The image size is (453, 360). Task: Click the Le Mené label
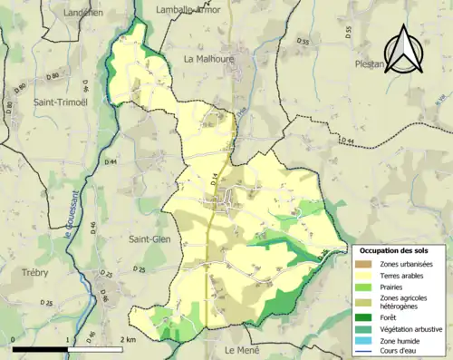click(x=242, y=349)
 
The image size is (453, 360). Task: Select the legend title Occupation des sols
click(x=395, y=249)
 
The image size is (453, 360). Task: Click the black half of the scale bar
click(x=42, y=348)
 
